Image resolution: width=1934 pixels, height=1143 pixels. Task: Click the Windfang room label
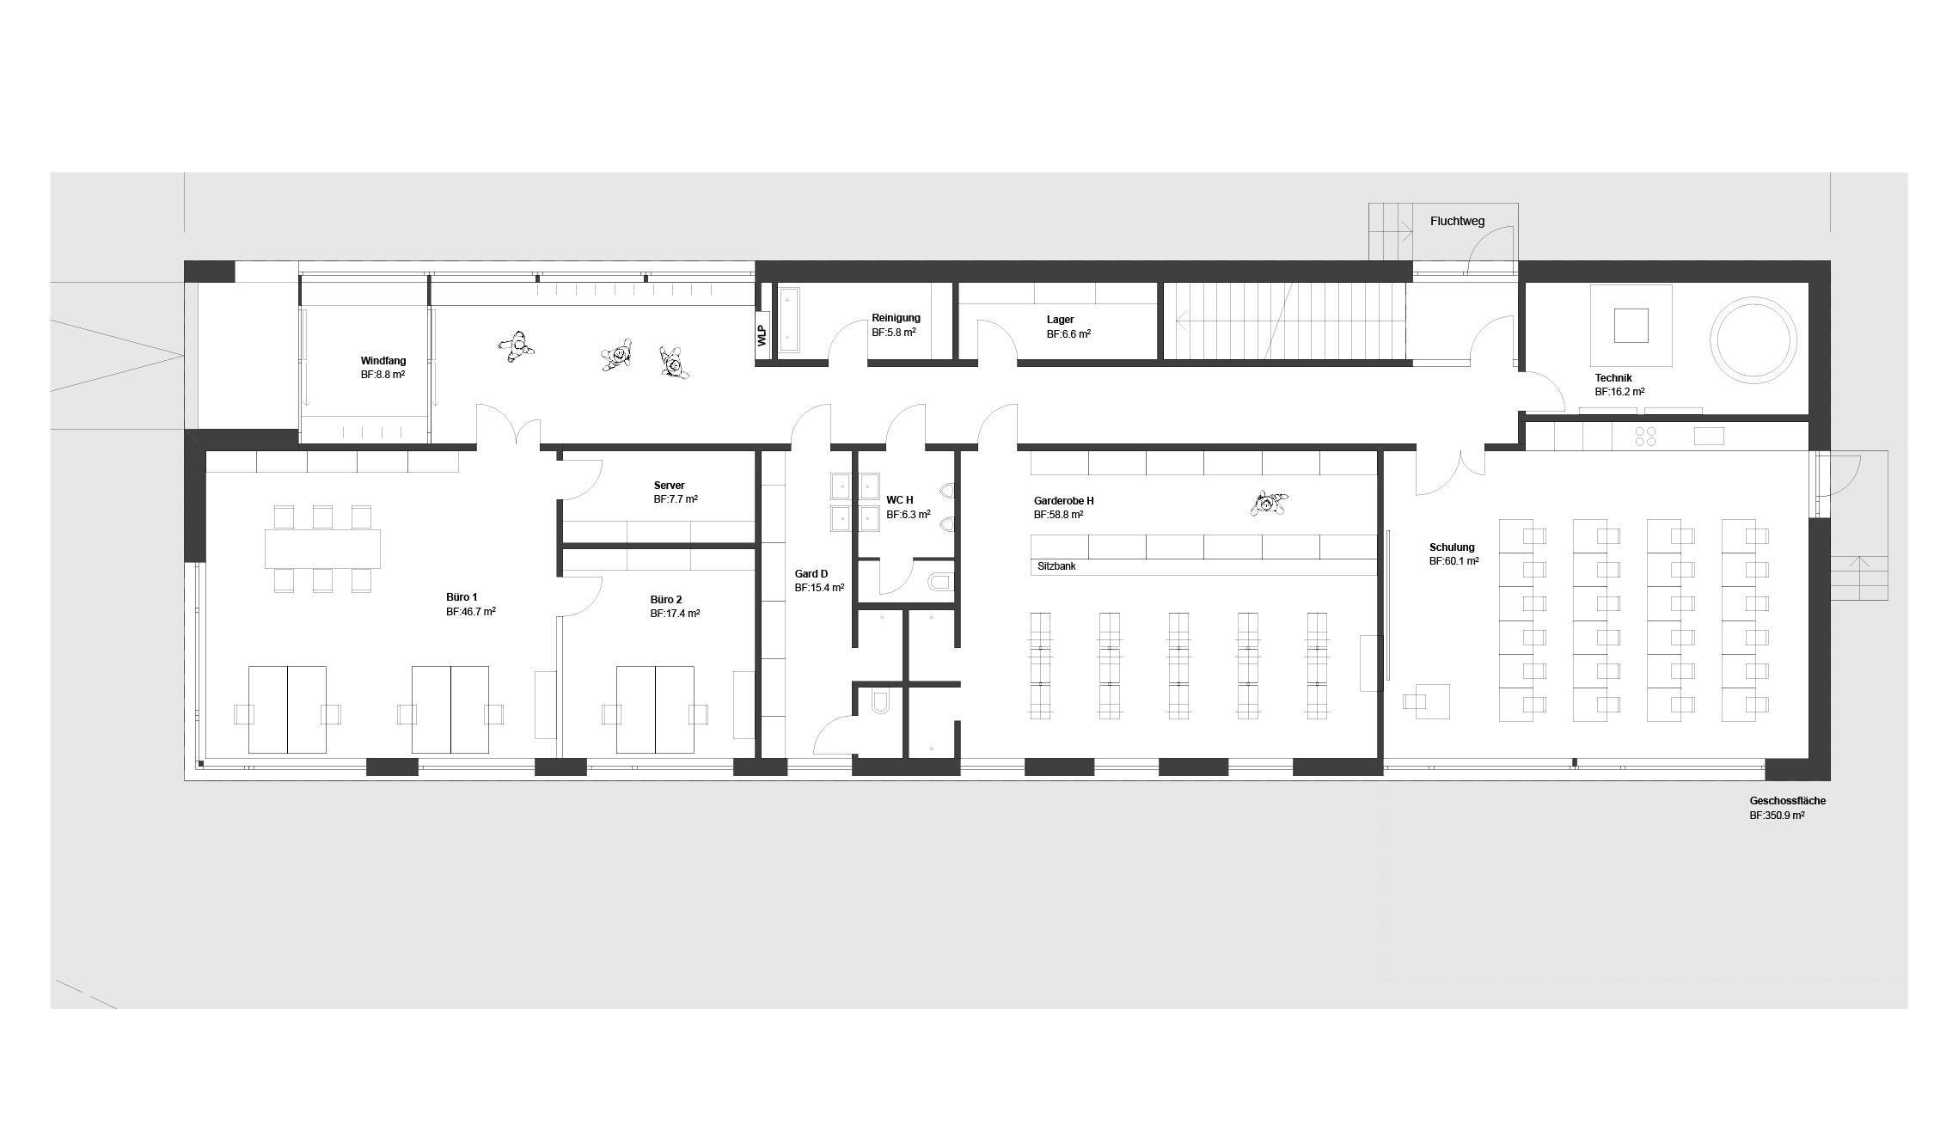[x=383, y=361]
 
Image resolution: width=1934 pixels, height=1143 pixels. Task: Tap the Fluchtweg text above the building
[x=1457, y=221]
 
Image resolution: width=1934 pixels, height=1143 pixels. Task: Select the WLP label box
[x=762, y=335]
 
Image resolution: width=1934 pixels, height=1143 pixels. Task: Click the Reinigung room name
[x=896, y=318]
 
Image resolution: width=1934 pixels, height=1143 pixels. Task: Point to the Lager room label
[x=1060, y=320]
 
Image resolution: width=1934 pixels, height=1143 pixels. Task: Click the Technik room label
[x=1613, y=378]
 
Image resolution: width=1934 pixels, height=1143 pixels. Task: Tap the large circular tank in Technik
[x=1753, y=341]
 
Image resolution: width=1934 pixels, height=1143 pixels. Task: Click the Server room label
[x=669, y=486]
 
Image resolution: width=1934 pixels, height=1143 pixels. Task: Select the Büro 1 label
[x=462, y=597]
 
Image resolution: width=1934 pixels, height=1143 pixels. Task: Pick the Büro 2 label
[x=666, y=600]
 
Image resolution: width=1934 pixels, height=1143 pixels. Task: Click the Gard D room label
[x=811, y=574]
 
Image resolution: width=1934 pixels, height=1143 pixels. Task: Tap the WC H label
[x=900, y=500]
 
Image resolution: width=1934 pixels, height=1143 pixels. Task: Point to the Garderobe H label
[x=1064, y=501]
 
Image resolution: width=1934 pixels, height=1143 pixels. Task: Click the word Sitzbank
[x=1056, y=567]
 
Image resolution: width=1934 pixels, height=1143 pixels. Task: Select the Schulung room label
[x=1452, y=547]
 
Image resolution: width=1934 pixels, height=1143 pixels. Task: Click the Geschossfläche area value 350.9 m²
[x=1777, y=816]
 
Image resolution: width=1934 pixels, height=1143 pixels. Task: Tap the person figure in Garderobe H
[x=1269, y=504]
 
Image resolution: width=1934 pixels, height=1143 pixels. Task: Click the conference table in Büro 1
[x=322, y=548]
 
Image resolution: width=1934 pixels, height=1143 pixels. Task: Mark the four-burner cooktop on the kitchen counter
[x=1645, y=437]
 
